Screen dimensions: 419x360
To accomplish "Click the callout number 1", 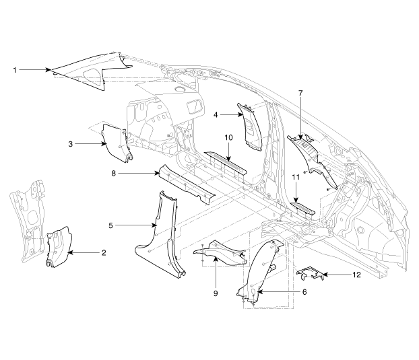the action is pyautogui.click(x=15, y=70).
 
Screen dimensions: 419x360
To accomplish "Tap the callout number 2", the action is pyautogui.click(x=104, y=252).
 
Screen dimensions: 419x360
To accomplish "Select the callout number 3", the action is pyautogui.click(x=70, y=144).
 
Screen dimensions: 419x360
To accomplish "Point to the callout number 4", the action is pyautogui.click(x=216, y=115).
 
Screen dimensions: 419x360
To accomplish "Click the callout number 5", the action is pyautogui.click(x=110, y=225).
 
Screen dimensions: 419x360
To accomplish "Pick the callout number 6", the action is pyautogui.click(x=304, y=292).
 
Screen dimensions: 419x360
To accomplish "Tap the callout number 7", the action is pyautogui.click(x=300, y=93).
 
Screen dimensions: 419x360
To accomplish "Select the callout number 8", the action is pyautogui.click(x=114, y=174).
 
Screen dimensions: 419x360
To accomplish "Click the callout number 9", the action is pyautogui.click(x=216, y=293).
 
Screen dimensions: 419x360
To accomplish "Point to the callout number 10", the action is pyautogui.click(x=228, y=138).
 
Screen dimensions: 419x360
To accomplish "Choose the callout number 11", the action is pyautogui.click(x=296, y=177).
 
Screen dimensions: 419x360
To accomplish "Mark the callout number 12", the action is pyautogui.click(x=356, y=275).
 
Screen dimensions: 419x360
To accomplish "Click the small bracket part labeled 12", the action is pyautogui.click(x=311, y=274).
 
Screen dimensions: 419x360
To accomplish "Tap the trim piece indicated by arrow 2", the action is pyautogui.click(x=59, y=246).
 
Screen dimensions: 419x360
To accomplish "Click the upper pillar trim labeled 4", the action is pyautogui.click(x=250, y=127).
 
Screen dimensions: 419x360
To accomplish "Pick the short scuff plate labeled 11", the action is pyautogui.click(x=302, y=209).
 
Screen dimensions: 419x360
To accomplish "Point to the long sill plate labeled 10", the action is pyautogui.click(x=225, y=163).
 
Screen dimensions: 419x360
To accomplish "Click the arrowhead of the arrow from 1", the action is pyautogui.click(x=49, y=70).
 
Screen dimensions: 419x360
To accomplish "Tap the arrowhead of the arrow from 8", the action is pyautogui.click(x=157, y=174).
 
